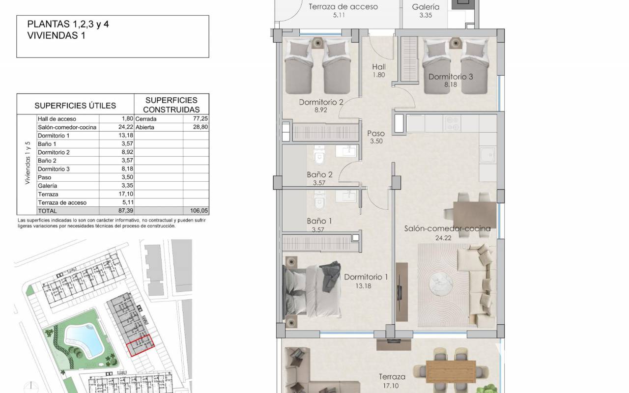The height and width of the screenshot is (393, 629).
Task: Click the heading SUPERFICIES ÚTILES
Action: (x=75, y=106)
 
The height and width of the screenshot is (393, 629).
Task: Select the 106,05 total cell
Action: (x=200, y=211)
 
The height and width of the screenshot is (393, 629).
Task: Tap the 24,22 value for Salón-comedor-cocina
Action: (x=125, y=127)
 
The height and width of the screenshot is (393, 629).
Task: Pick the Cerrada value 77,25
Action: (x=200, y=118)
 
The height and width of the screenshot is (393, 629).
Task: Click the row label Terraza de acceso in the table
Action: (x=62, y=202)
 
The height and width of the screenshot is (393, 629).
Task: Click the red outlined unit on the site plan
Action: (x=141, y=345)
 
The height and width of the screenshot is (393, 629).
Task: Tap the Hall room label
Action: (x=379, y=67)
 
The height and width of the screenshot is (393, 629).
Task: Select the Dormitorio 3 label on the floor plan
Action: (x=451, y=76)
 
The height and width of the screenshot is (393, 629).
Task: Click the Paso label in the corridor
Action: (x=376, y=133)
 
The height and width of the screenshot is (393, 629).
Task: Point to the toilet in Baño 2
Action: (x=319, y=156)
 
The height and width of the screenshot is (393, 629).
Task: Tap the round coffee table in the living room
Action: (x=441, y=284)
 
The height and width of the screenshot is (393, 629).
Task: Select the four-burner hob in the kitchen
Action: (x=452, y=123)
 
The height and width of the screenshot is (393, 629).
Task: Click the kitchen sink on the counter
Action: (x=488, y=155)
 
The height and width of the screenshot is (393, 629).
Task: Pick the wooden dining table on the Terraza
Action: (x=451, y=372)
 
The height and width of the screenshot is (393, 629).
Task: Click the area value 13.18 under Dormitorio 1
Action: (x=363, y=286)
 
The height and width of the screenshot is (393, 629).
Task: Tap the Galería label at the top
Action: (x=426, y=7)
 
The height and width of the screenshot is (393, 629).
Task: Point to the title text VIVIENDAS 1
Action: (x=56, y=35)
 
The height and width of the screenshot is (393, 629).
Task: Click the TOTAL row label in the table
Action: (x=48, y=211)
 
